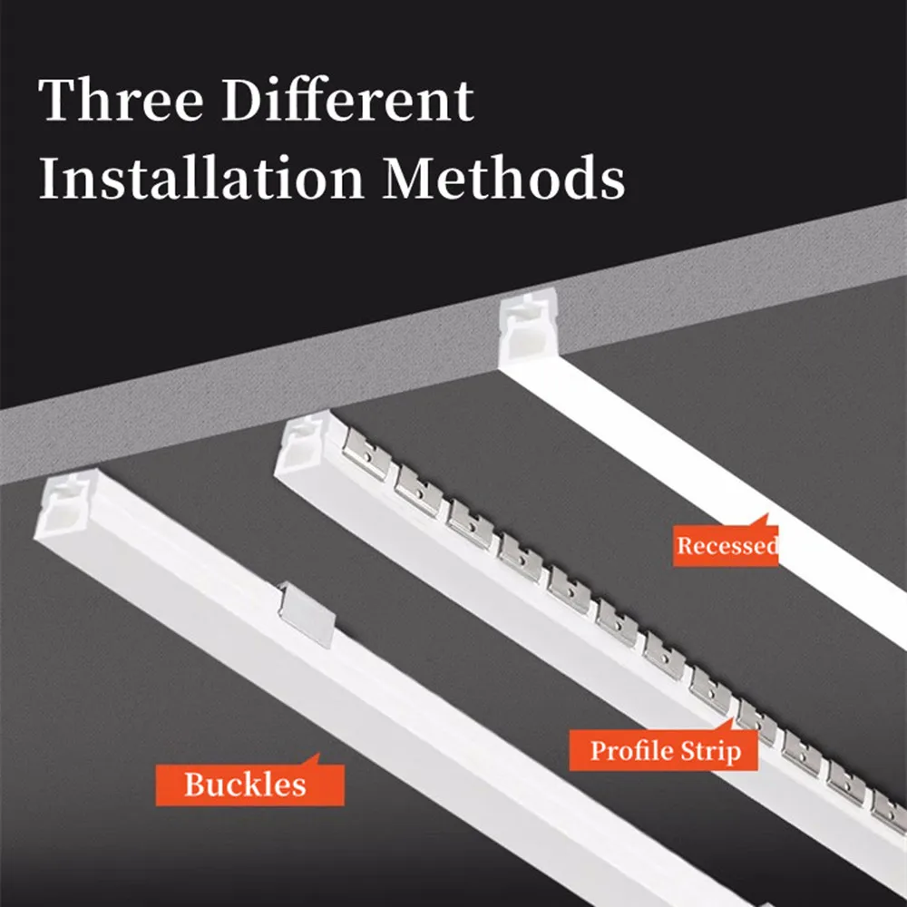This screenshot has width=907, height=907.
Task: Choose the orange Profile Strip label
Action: (x=664, y=751)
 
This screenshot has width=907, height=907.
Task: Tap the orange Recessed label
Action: (x=726, y=546)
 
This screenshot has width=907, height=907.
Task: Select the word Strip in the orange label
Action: (x=710, y=751)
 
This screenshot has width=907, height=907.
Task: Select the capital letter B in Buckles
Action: (x=195, y=785)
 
